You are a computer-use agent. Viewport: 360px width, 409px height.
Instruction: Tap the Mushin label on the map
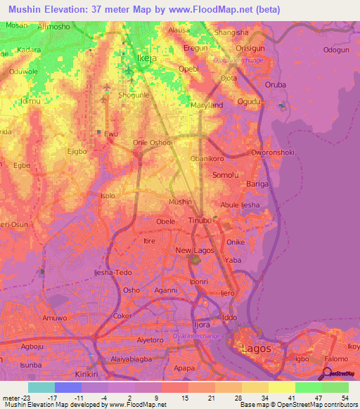click(x=181, y=202)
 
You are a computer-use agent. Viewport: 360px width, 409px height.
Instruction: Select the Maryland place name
click(x=207, y=105)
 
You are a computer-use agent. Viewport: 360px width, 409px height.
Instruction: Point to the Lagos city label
click(x=255, y=348)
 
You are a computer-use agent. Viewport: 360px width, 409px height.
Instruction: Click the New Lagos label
click(x=194, y=251)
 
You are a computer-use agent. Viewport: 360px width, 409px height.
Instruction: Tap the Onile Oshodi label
click(x=153, y=142)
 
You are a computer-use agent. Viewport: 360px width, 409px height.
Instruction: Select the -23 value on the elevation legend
click(x=14, y=398)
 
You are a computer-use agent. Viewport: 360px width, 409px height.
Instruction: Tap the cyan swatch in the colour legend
click(x=41, y=387)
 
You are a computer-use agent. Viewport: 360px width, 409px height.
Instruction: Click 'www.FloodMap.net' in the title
click(x=216, y=11)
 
